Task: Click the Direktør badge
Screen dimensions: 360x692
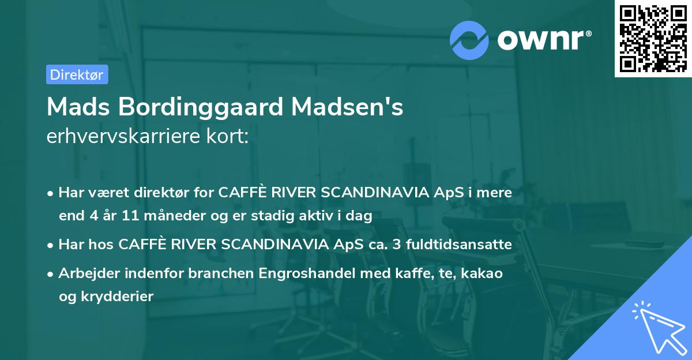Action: (77, 74)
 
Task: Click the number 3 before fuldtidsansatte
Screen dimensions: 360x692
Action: (396, 245)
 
